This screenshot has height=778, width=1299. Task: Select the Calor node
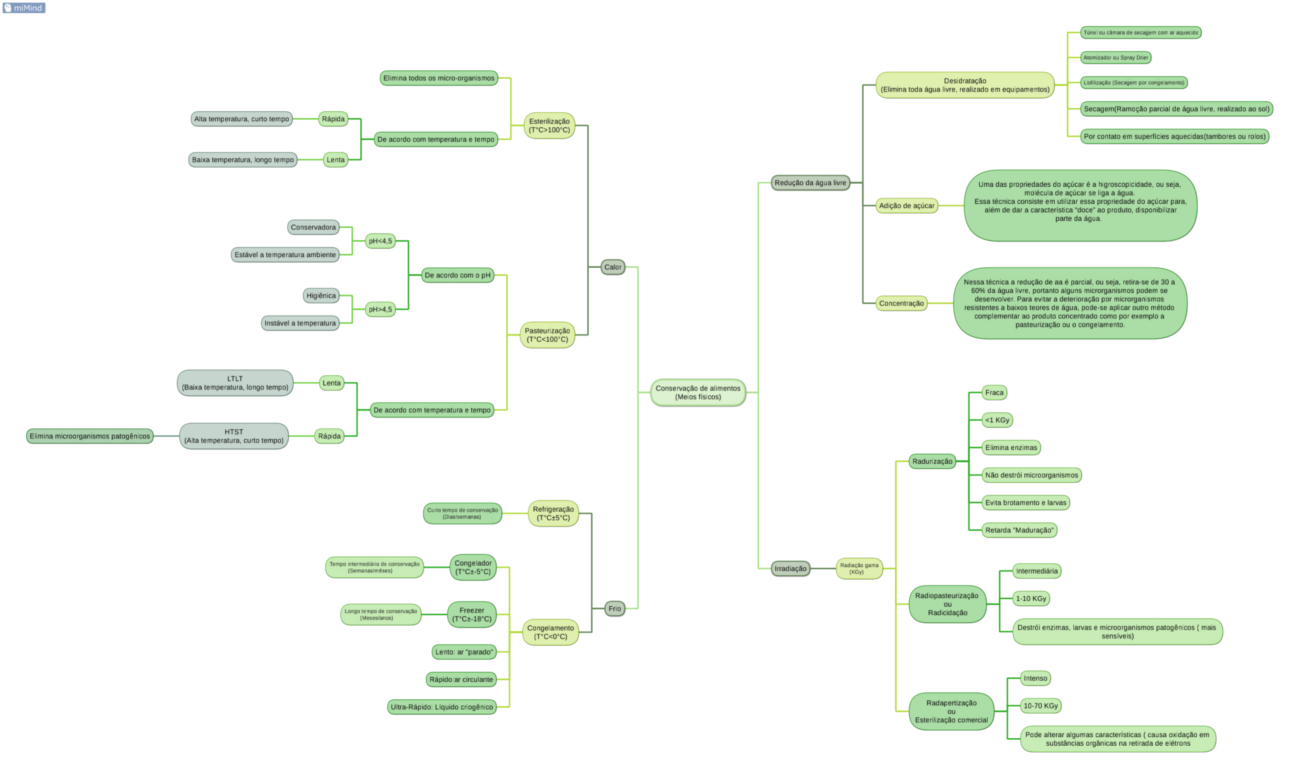coord(612,267)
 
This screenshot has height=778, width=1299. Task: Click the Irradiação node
coord(790,568)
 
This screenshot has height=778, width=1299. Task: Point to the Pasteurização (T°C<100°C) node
coord(547,335)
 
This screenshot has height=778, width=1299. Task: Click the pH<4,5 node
coord(380,241)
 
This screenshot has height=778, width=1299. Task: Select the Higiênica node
coord(321,296)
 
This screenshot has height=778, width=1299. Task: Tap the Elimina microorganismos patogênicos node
coord(90,436)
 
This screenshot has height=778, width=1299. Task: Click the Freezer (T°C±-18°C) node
coord(472,615)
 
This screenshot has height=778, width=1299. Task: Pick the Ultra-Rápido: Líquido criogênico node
coord(442,707)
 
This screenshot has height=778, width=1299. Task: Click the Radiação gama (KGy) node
coord(859,568)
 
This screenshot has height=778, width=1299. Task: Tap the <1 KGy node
coord(997,420)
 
